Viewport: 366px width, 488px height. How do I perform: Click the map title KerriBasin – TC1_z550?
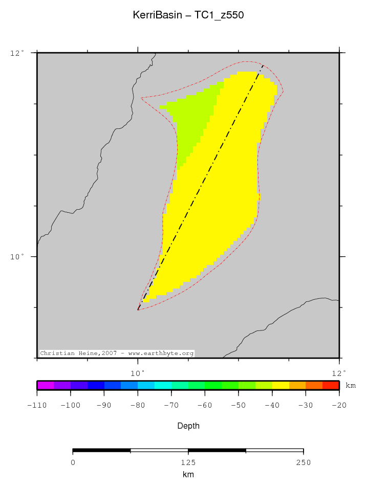tap(188, 15)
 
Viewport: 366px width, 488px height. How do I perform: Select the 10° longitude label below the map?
tap(138, 372)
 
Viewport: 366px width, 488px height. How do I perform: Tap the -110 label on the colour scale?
tap(37, 405)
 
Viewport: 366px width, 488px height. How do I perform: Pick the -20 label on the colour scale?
tap(339, 405)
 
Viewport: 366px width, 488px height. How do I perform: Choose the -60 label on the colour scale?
tap(205, 405)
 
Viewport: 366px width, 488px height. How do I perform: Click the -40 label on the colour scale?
tap(272, 405)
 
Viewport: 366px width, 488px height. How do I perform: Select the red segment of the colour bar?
tap(331, 385)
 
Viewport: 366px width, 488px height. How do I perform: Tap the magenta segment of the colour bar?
tap(46, 385)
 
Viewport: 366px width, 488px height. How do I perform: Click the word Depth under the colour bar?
tap(188, 426)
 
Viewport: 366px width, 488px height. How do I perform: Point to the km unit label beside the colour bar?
tap(351, 385)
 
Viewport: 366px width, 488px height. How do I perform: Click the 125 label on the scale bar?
tap(188, 462)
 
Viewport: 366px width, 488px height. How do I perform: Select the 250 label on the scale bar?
tap(303, 462)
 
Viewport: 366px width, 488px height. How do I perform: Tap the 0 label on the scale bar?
tap(73, 462)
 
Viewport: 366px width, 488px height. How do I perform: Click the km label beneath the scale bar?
tap(188, 475)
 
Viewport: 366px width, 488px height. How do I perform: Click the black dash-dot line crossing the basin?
tap(205, 179)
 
